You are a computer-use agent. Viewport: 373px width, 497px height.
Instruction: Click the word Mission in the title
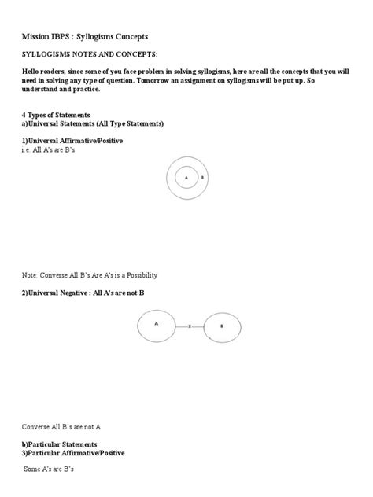pyautogui.click(x=36, y=37)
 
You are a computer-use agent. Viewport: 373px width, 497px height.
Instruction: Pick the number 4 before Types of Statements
pyautogui.click(x=24, y=115)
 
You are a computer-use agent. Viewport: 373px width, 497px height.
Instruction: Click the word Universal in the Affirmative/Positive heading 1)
pyautogui.click(x=49, y=140)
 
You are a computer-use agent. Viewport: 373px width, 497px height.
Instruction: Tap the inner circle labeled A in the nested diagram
pyautogui.click(x=186, y=178)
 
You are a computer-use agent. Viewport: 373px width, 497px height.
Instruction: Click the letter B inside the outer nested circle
pyautogui.click(x=202, y=179)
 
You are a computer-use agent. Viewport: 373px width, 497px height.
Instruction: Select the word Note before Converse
pyautogui.click(x=29, y=275)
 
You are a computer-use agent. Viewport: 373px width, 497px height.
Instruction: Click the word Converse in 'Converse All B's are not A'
pyautogui.click(x=36, y=426)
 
